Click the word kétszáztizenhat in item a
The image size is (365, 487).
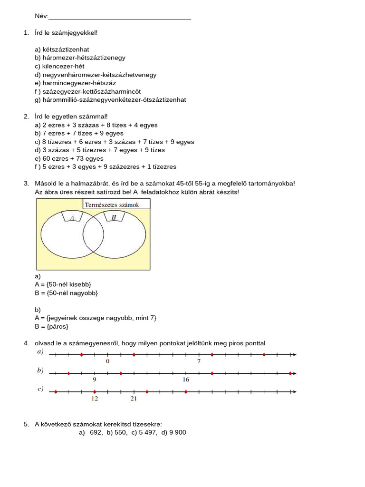pos(66,49)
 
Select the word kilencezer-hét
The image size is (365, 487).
pos(63,66)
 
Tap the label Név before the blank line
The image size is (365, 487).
pos(41,16)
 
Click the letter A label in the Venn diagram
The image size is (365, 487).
pos(72,217)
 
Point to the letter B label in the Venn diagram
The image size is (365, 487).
pos(114,217)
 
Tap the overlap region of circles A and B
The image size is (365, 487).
pos(94,234)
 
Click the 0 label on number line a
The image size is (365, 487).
pos(107,361)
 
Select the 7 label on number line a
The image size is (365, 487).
pos(199,361)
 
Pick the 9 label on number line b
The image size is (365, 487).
pos(95,380)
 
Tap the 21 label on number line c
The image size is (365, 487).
pos(134,399)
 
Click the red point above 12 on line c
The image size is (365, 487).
pos(95,392)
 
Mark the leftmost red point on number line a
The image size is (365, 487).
pos(81,354)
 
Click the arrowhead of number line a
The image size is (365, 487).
pos(294,354)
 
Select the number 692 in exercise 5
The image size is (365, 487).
pos(96,432)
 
